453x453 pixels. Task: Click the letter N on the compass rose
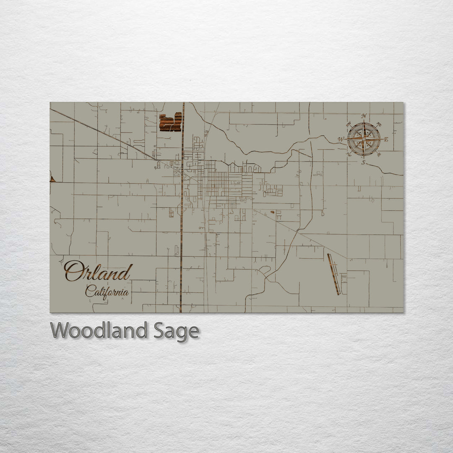[x=364, y=116]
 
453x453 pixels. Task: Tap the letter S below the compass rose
[x=364, y=162]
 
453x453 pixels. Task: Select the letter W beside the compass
[x=341, y=139]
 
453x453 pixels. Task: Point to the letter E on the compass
[x=386, y=139]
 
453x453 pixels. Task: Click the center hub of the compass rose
[x=364, y=139]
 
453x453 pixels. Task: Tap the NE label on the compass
[x=379, y=124]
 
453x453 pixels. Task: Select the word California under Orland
[x=107, y=291]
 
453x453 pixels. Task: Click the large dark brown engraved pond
[x=170, y=122]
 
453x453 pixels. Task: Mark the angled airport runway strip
[x=333, y=274]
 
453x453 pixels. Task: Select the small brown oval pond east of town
[x=272, y=212]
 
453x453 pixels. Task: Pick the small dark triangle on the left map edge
[x=52, y=179]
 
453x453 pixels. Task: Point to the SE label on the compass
[x=379, y=154]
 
